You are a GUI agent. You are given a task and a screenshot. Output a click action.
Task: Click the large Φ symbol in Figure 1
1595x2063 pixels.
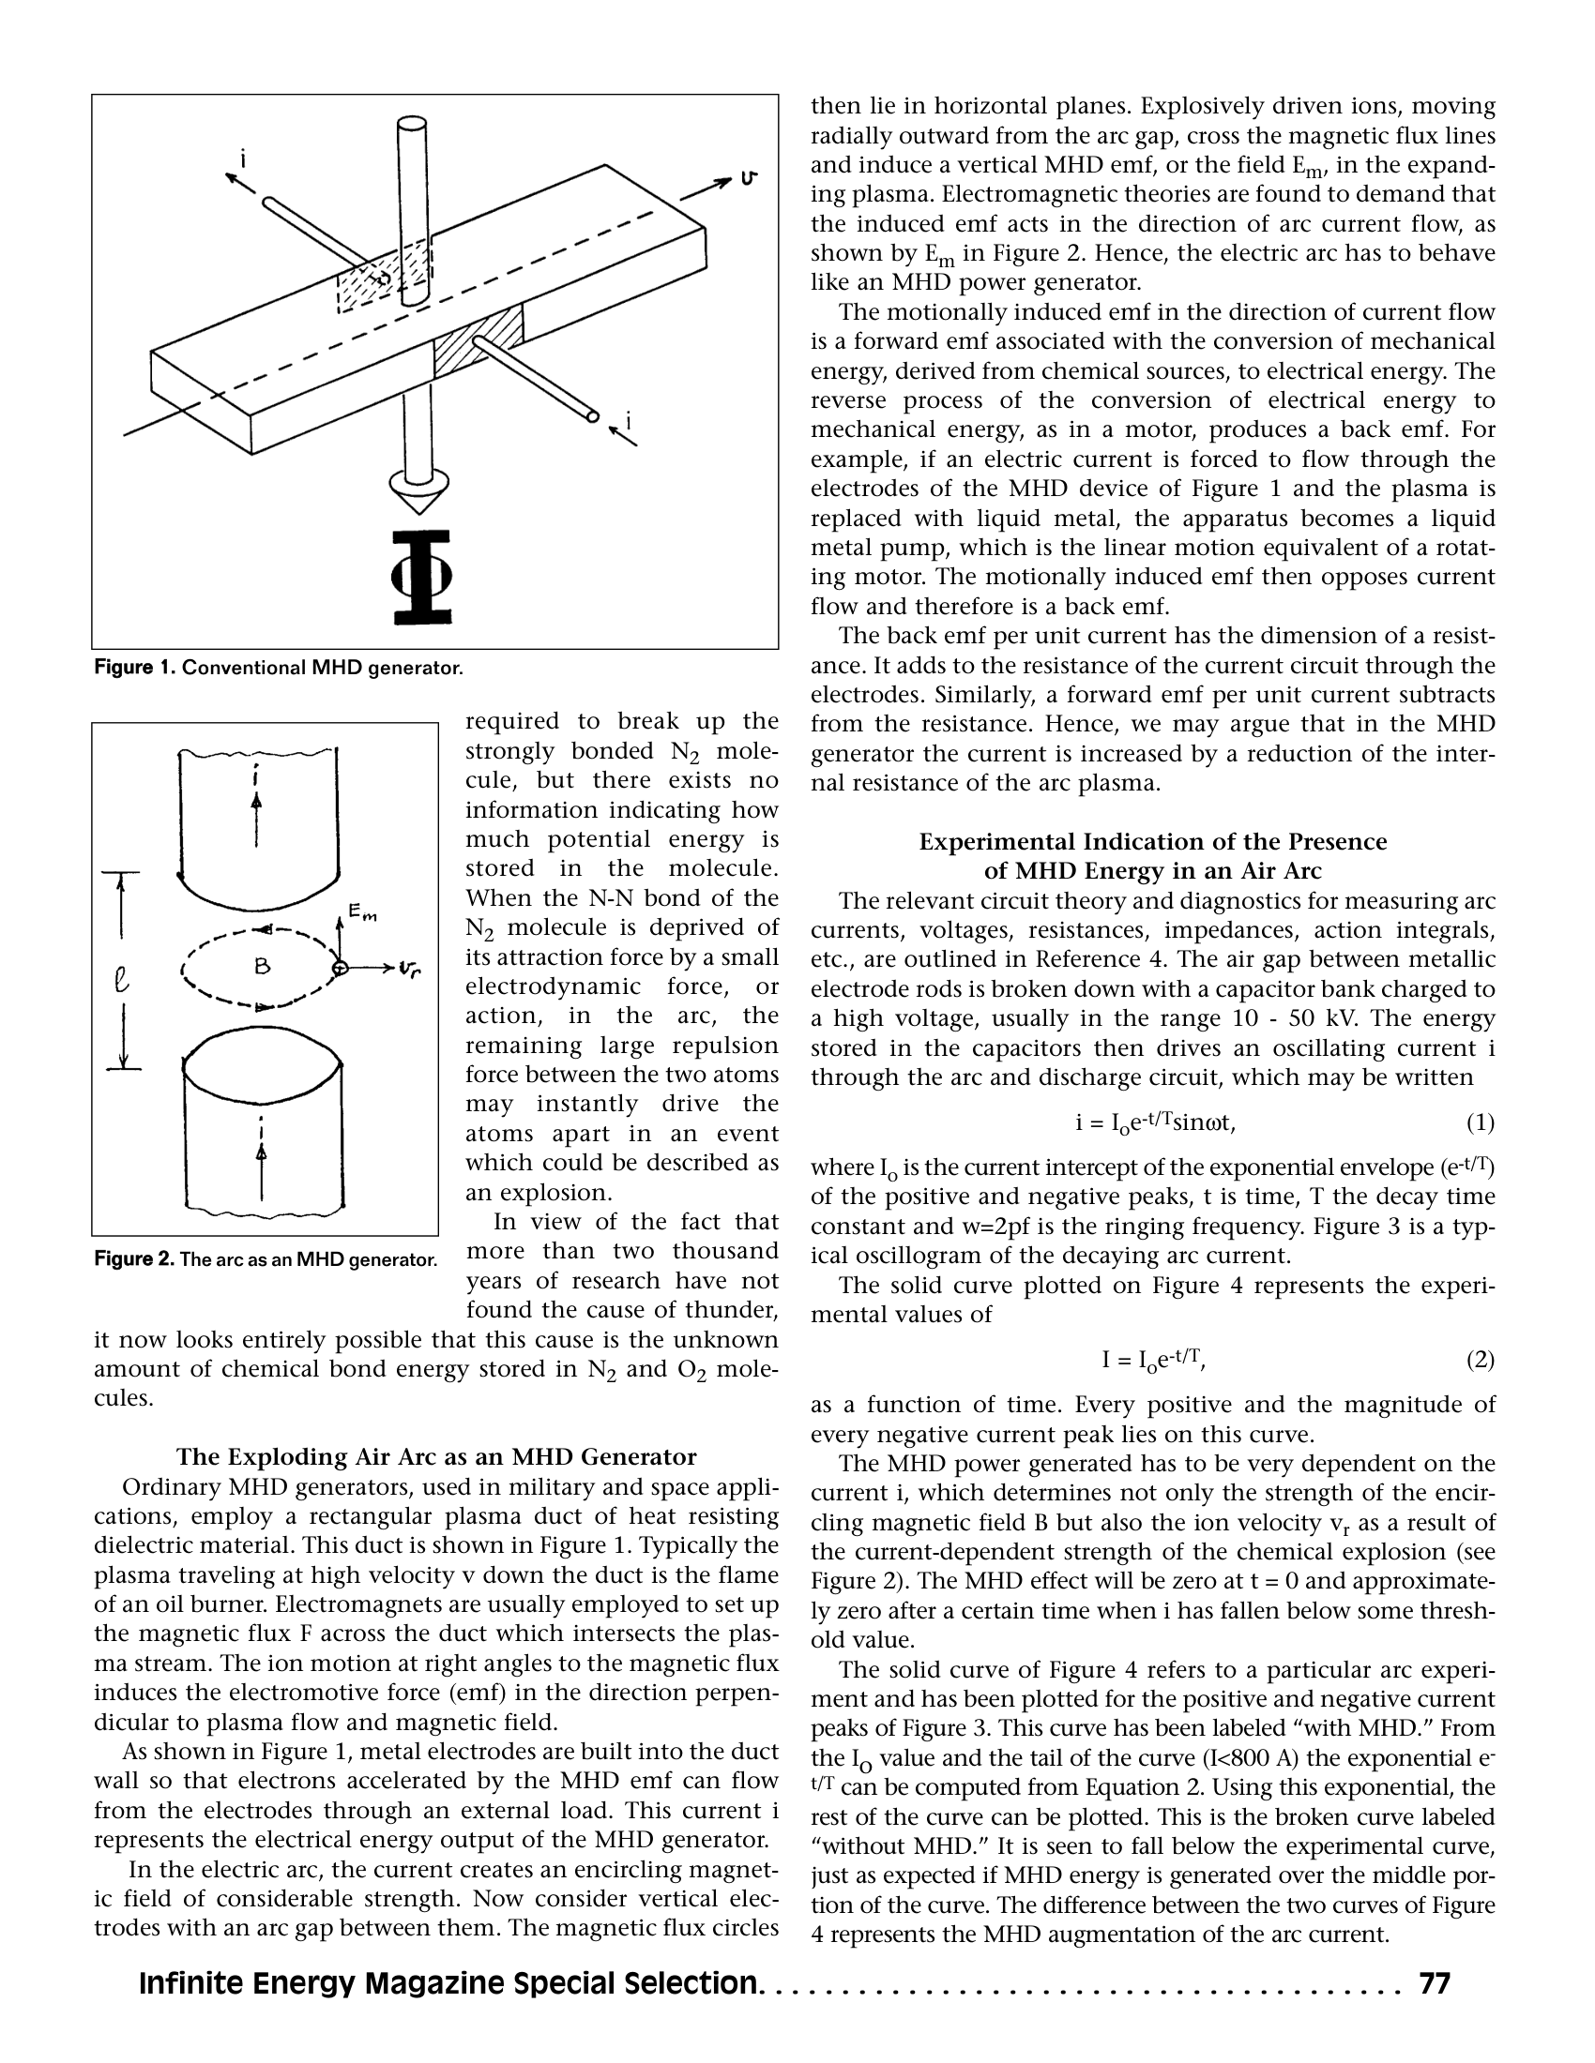pyautogui.click(x=422, y=577)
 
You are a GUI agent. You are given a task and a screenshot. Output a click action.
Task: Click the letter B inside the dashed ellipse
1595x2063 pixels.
pyautogui.click(x=262, y=965)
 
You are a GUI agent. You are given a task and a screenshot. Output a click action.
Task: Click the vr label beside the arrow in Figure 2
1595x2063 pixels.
pyautogui.click(x=410, y=969)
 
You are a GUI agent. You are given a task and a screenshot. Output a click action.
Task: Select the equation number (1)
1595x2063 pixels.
pyautogui.click(x=1480, y=1122)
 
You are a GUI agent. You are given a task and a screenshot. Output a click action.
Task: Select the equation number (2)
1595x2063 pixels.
pyautogui.click(x=1480, y=1360)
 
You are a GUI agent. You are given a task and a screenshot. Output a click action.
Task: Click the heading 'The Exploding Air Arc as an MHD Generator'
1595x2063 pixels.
pyautogui.click(x=435, y=1456)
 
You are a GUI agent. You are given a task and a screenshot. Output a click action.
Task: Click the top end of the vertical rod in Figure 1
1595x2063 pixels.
pyautogui.click(x=412, y=124)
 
